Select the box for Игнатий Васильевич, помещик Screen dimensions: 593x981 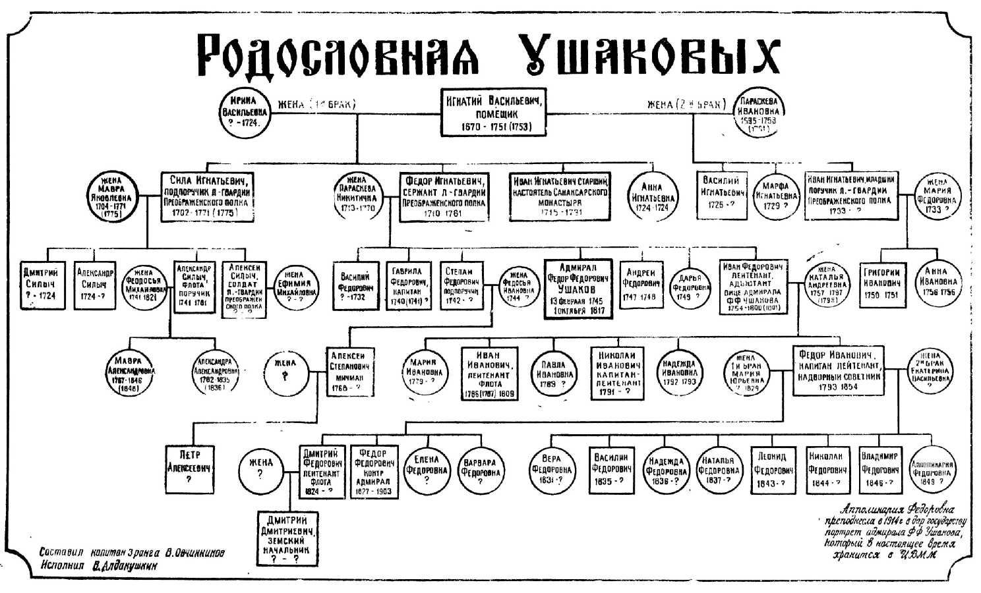pos(493,113)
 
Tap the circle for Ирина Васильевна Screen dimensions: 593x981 pos(245,113)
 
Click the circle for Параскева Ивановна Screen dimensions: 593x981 pos(758,113)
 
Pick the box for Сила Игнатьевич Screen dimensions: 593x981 pos(208,196)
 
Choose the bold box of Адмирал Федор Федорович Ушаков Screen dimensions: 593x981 pos(578,288)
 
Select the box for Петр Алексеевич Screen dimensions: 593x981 pos(189,468)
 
